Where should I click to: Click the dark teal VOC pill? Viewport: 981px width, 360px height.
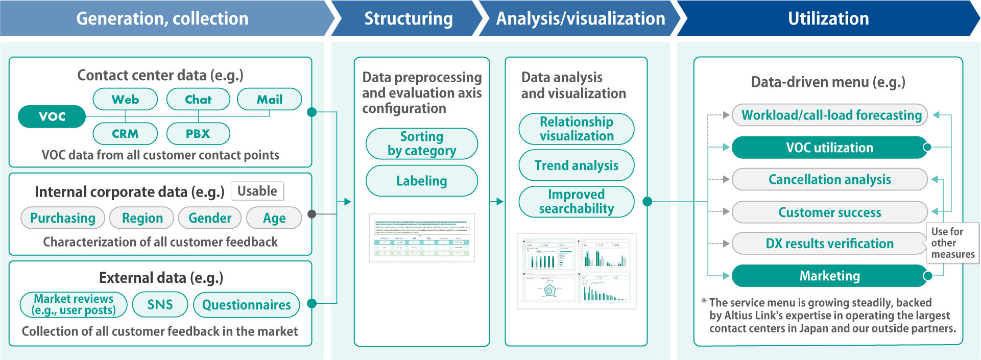[x=52, y=116]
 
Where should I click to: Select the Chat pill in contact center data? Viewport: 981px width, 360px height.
[x=198, y=99]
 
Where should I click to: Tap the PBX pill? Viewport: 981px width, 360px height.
[x=198, y=134]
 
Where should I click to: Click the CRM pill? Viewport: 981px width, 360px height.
[x=125, y=134]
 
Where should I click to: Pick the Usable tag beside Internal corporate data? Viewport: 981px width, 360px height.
[x=257, y=191]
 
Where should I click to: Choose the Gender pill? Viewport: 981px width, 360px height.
[x=209, y=218]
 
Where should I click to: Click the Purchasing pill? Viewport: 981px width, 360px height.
[x=62, y=218]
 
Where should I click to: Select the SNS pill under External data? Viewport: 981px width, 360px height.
[x=160, y=304]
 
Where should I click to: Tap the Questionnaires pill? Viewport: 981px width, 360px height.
[x=246, y=305]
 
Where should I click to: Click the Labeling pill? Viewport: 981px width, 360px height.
[x=421, y=181]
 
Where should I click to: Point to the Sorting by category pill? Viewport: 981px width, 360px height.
[x=421, y=143]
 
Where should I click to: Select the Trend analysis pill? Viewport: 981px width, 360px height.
[x=576, y=165]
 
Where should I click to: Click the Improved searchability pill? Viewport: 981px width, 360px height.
[x=576, y=202]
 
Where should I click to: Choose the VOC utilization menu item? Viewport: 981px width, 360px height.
[x=829, y=148]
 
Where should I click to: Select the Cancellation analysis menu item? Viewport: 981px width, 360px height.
[x=829, y=179]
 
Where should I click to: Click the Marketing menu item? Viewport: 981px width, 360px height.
[x=829, y=276]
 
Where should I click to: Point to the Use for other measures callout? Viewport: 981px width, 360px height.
[x=952, y=243]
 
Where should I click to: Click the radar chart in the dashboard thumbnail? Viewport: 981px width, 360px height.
[x=549, y=290]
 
